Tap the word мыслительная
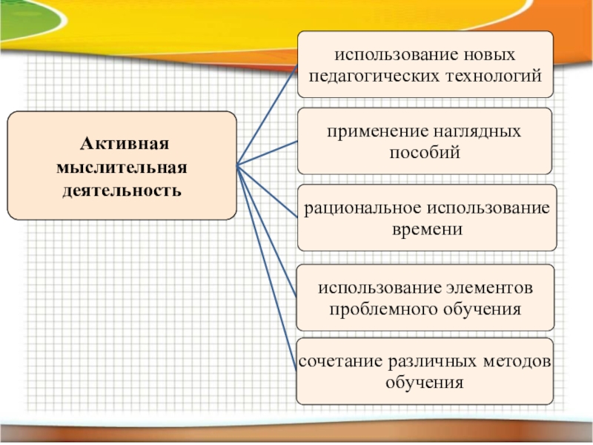tap(122, 167)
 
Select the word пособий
tap(425, 153)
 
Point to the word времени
tap(426, 229)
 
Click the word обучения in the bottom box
tap(425, 383)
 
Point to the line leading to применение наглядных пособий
tap(267, 153)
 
